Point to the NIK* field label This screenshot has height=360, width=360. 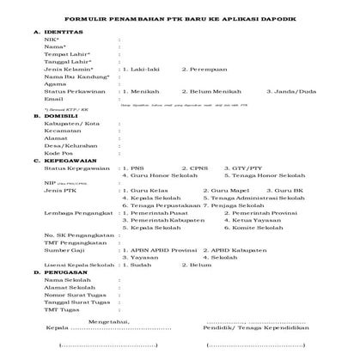click(52, 40)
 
